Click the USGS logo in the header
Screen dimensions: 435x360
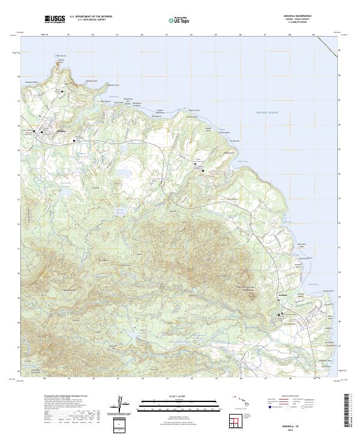55,20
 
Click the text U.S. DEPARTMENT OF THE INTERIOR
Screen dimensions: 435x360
91,17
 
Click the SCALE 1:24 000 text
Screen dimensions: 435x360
180,397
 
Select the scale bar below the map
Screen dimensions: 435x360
180,404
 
